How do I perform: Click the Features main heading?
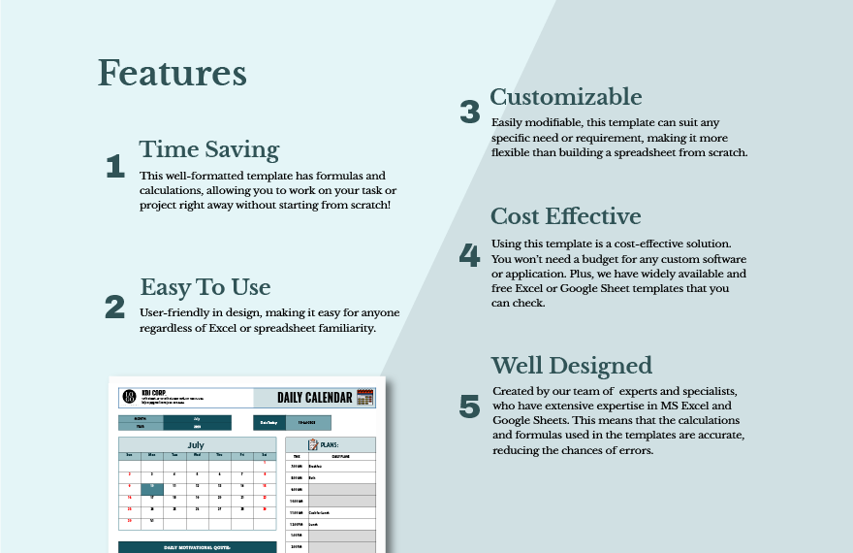172,74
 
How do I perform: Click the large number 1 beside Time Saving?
114,167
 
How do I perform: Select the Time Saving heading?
208,149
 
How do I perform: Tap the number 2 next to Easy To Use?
114,307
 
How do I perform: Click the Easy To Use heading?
205,287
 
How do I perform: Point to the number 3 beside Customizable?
469,113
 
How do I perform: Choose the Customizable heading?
565,96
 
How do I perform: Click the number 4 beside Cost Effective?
469,255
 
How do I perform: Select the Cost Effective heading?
565,215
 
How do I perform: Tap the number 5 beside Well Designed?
469,407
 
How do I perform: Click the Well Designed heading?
571,365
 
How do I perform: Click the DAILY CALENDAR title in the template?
307,397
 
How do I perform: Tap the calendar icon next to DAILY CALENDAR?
365,397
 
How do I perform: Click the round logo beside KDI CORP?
129,397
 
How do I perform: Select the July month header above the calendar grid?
197,444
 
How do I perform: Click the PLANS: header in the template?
333,444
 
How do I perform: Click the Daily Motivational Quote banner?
197,547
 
